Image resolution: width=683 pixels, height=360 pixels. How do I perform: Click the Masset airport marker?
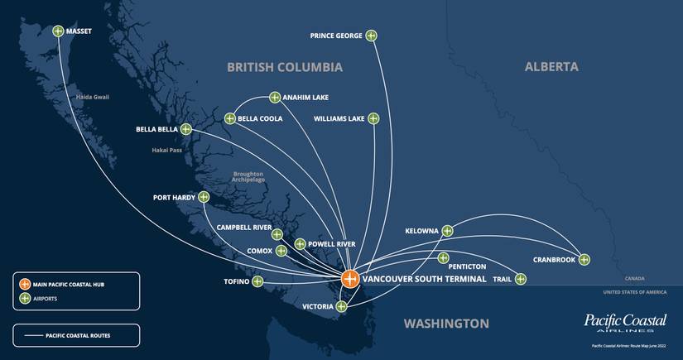(58, 31)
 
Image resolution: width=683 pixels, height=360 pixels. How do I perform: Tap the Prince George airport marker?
(371, 36)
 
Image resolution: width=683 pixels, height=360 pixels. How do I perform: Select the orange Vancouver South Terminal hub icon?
(350, 279)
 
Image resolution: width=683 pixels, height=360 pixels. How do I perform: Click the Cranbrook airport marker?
(584, 259)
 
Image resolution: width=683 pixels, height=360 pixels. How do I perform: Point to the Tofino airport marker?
(257, 281)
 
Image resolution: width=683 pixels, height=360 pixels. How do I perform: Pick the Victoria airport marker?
(341, 307)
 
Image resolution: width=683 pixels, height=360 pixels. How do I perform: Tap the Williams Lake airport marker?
(373, 118)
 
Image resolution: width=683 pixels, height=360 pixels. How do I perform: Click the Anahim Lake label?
(305, 97)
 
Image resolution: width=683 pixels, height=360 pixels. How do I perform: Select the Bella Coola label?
(260, 118)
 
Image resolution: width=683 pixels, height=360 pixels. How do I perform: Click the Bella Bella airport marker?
(185, 129)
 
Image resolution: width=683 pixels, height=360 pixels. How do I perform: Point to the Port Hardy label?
(174, 198)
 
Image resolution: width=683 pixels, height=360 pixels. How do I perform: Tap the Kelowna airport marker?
(447, 231)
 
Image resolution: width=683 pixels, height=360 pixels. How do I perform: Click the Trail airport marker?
(520, 279)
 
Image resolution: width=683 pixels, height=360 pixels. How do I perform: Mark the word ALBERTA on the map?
(551, 66)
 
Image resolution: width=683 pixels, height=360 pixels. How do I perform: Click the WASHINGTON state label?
(446, 323)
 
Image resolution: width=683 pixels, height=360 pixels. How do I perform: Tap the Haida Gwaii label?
(91, 97)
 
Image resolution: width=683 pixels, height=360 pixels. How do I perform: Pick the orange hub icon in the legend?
(25, 284)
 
